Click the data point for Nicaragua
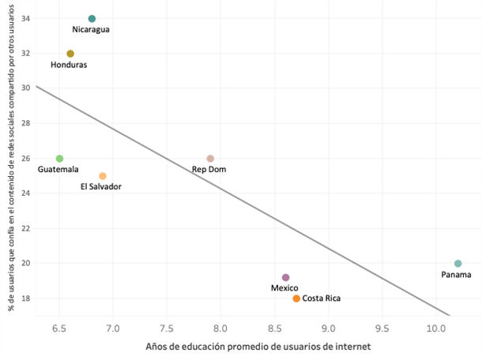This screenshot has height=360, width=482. coord(92,18)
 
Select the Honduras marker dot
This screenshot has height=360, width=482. coord(70,54)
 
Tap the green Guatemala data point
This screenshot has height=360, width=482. coord(59,159)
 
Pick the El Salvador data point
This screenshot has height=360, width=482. coord(103,176)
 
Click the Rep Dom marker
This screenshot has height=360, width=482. coord(210,159)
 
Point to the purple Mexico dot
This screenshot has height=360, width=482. coord(286,277)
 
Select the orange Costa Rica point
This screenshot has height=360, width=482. coord(296,298)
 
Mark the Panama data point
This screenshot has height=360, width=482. coord(458,264)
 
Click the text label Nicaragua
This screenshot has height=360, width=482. coord(91,30)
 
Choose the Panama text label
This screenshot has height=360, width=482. coord(456,275)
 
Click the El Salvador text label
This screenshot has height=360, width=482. coord(101,187)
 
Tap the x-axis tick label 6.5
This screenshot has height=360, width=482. coord(59,327)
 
